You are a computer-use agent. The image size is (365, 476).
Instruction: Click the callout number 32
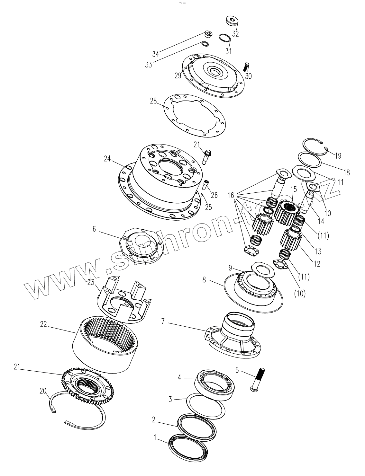tap(235, 34)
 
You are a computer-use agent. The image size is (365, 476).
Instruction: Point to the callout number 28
tap(153, 101)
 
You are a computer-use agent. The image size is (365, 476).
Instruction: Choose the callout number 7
tap(163, 321)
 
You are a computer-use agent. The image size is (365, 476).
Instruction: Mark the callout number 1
tap(155, 437)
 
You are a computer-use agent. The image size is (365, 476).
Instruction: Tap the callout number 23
tap(91, 283)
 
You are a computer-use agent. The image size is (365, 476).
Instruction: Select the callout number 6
tap(94, 229)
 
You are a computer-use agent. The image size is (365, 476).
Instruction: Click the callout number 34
tap(156, 53)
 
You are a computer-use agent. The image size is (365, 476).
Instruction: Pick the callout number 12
tap(317, 264)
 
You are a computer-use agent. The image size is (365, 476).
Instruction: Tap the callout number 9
tap(230, 268)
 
